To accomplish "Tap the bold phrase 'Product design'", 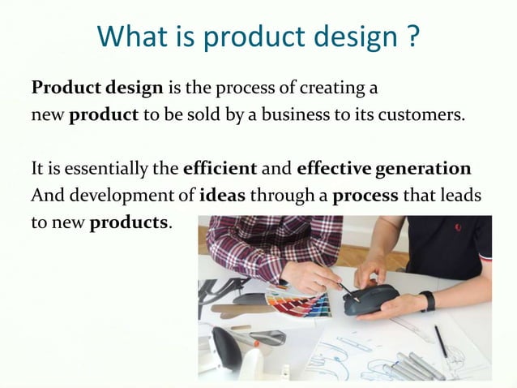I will (x=98, y=87).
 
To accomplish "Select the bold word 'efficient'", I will (x=220, y=170).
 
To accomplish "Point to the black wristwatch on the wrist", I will (x=427, y=301).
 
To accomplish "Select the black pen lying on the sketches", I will (x=440, y=340).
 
